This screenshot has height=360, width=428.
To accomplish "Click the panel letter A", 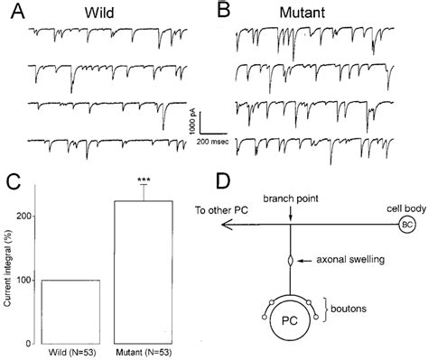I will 15,12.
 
